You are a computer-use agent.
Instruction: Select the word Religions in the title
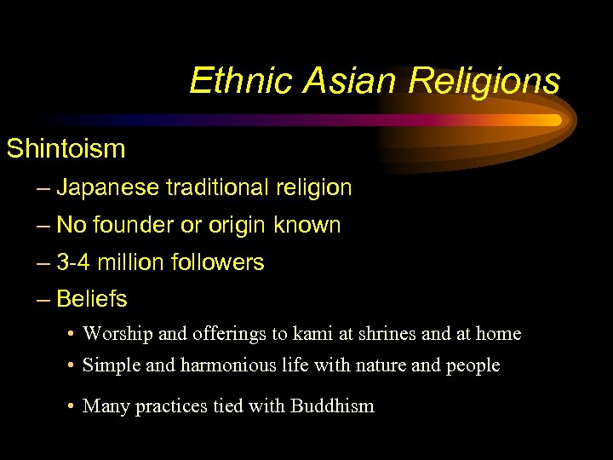tap(484, 82)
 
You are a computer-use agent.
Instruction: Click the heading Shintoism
tap(66, 149)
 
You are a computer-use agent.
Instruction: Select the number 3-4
tap(74, 263)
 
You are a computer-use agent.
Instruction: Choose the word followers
tap(218, 263)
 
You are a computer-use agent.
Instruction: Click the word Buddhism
tap(332, 406)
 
